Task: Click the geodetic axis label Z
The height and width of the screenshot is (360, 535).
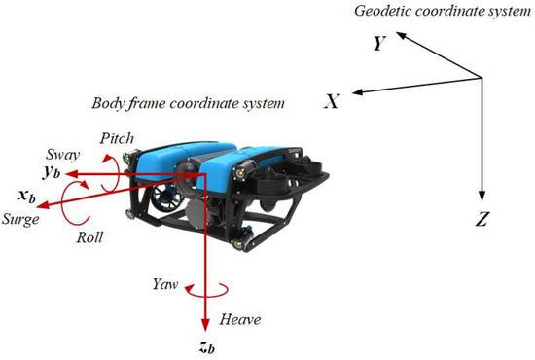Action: pos(481,220)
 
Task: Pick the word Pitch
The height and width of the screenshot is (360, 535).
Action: pos(116,139)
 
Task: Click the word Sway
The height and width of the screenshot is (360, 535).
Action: pos(62,153)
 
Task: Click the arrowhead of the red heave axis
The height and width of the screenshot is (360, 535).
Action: pos(206,326)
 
